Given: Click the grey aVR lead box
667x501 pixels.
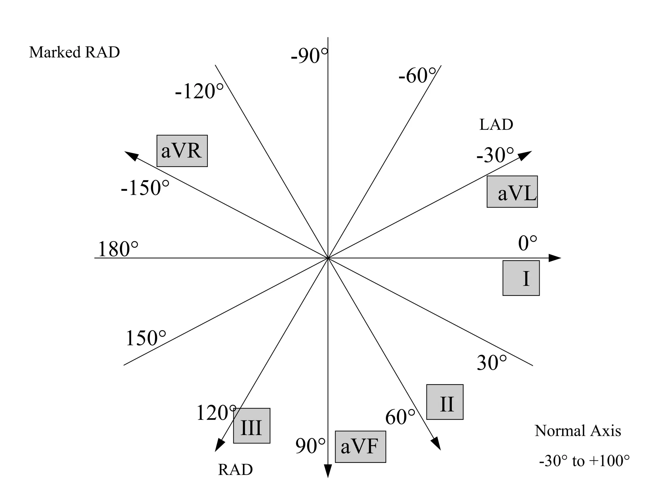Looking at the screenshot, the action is pyautogui.click(x=182, y=151).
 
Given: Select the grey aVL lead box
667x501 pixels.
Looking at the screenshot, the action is pyautogui.click(x=512, y=192).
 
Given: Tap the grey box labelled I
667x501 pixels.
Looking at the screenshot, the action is pyautogui.click(x=521, y=278).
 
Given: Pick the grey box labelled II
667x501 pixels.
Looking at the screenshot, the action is pyautogui.click(x=445, y=402).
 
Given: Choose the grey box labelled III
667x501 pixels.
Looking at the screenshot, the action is pyautogui.click(x=251, y=426).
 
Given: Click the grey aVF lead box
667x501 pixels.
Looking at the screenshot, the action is pyautogui.click(x=360, y=447).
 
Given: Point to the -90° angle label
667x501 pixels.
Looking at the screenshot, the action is pyautogui.click(x=309, y=56).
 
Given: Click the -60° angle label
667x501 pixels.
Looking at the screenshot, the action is pyautogui.click(x=417, y=76).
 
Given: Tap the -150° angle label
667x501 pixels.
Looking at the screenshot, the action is pyautogui.click(x=145, y=188).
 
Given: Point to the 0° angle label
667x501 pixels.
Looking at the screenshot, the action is pyautogui.click(x=527, y=243).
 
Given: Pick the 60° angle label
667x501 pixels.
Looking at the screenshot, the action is pyautogui.click(x=400, y=417).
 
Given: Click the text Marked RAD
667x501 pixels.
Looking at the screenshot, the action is pyautogui.click(x=75, y=52).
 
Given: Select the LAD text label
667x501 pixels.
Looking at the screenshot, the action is pyautogui.click(x=496, y=125).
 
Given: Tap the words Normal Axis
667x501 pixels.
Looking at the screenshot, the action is pyautogui.click(x=578, y=431).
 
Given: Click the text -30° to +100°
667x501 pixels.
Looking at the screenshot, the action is pyautogui.click(x=584, y=461).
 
